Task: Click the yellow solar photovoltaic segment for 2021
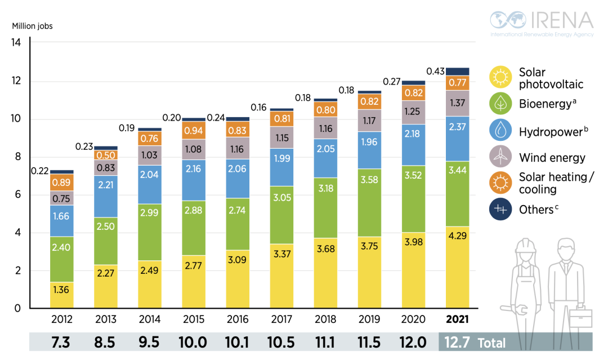(457, 266)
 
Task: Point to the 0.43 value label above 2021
(436, 72)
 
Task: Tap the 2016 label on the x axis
(238, 319)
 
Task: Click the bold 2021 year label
(457, 319)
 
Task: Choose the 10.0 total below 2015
(193, 342)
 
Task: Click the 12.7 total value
(457, 342)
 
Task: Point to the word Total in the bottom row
(491, 343)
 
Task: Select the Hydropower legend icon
(500, 131)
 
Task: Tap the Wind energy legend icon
(500, 157)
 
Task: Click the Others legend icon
(500, 209)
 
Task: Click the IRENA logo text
(557, 20)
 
